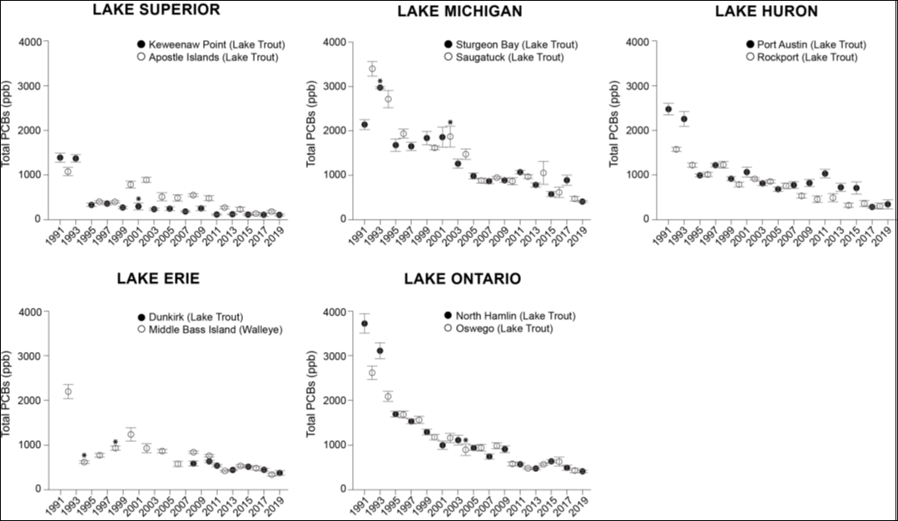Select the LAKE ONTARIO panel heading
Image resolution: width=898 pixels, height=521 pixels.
pos(463,278)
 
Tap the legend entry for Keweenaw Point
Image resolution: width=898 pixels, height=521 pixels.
pos(207,44)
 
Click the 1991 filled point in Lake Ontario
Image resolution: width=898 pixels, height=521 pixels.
pos(364,324)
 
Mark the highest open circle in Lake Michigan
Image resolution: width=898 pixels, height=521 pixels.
pos(372,68)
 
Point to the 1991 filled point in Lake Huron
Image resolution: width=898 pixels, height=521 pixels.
pos(668,109)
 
